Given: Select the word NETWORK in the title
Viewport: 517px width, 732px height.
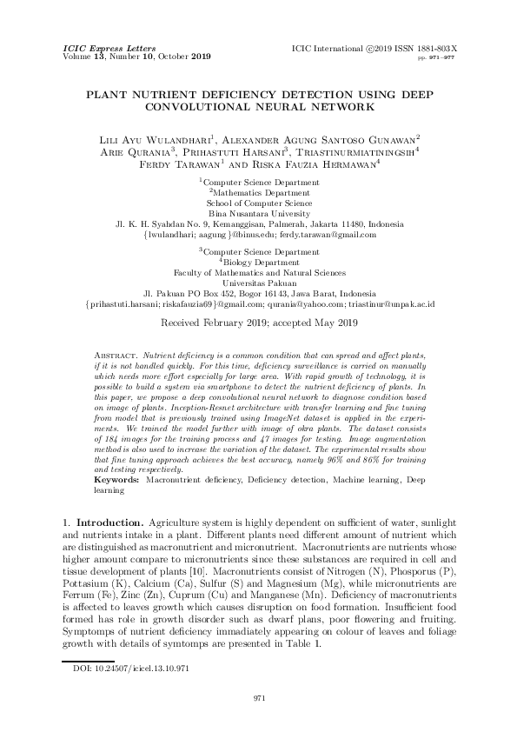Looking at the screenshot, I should (x=341, y=108).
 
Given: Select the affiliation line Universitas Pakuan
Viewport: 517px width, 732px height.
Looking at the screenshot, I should (x=259, y=283).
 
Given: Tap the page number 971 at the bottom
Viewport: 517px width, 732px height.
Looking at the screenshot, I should (x=259, y=697).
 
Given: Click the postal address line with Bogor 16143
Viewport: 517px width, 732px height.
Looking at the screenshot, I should (x=258, y=294).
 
